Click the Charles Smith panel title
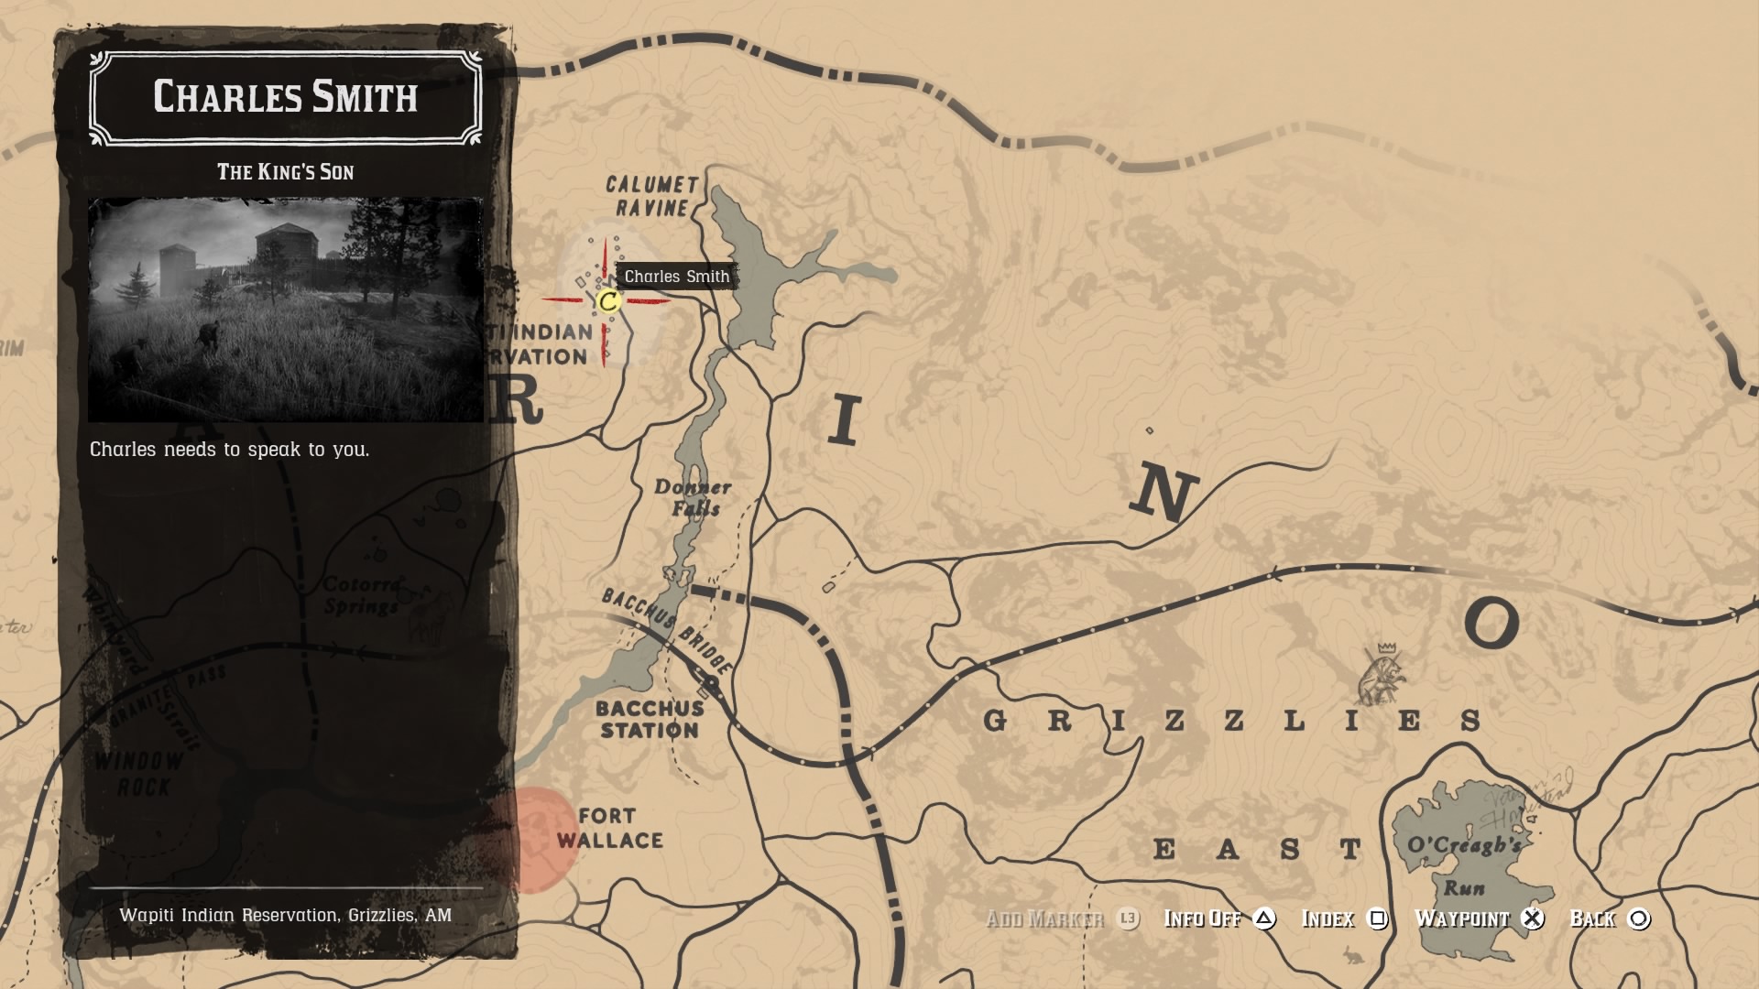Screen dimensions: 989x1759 coord(285,97)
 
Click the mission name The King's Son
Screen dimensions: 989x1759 coord(285,172)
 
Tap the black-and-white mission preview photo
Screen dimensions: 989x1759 coord(285,310)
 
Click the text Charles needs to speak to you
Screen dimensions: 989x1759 coord(229,450)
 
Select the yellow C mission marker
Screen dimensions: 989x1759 coord(607,300)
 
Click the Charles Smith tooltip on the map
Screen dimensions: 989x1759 coord(677,277)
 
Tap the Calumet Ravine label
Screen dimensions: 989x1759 coord(651,196)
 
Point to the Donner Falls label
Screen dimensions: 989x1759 coord(694,498)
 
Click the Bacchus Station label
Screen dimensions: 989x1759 coord(650,719)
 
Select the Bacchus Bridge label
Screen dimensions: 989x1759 coord(667,631)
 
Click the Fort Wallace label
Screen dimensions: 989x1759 coord(609,828)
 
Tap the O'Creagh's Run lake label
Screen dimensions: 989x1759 coord(1464,865)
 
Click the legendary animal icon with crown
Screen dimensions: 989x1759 coord(1382,676)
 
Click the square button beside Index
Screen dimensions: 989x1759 coord(1377,918)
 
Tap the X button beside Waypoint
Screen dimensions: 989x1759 coord(1533,918)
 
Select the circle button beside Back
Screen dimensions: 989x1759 coord(1639,918)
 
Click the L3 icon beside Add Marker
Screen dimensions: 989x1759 coord(1128,918)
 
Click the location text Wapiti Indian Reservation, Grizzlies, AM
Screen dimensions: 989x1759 coord(285,915)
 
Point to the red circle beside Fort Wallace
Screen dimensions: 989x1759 coord(531,839)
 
